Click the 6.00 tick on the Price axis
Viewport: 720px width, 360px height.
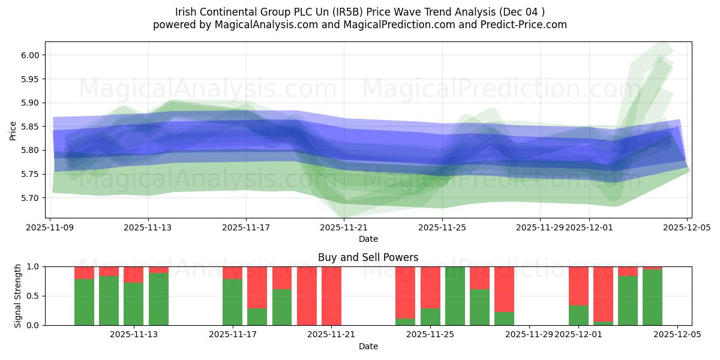pyautogui.click(x=29, y=55)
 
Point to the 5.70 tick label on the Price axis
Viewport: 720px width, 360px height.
pyautogui.click(x=29, y=198)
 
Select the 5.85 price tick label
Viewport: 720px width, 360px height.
pyautogui.click(x=29, y=127)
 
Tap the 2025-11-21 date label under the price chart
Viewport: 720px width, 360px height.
pyautogui.click(x=344, y=227)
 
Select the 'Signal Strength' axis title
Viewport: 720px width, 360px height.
pyautogui.click(x=18, y=296)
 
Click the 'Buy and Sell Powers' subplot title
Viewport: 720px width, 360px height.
pyautogui.click(x=368, y=257)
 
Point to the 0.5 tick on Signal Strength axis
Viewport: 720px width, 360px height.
pyautogui.click(x=35, y=296)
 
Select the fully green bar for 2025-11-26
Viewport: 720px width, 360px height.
pyautogui.click(x=455, y=296)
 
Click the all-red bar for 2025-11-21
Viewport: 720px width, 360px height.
pyautogui.click(x=331, y=296)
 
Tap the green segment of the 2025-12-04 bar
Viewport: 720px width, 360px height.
pyautogui.click(x=652, y=298)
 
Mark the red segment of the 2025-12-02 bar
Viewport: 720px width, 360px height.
pyautogui.click(x=603, y=294)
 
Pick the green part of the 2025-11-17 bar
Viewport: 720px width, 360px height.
pyautogui.click(x=232, y=302)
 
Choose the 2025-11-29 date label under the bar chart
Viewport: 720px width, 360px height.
pyautogui.click(x=529, y=334)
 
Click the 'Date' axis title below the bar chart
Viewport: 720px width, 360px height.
pyautogui.click(x=368, y=346)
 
